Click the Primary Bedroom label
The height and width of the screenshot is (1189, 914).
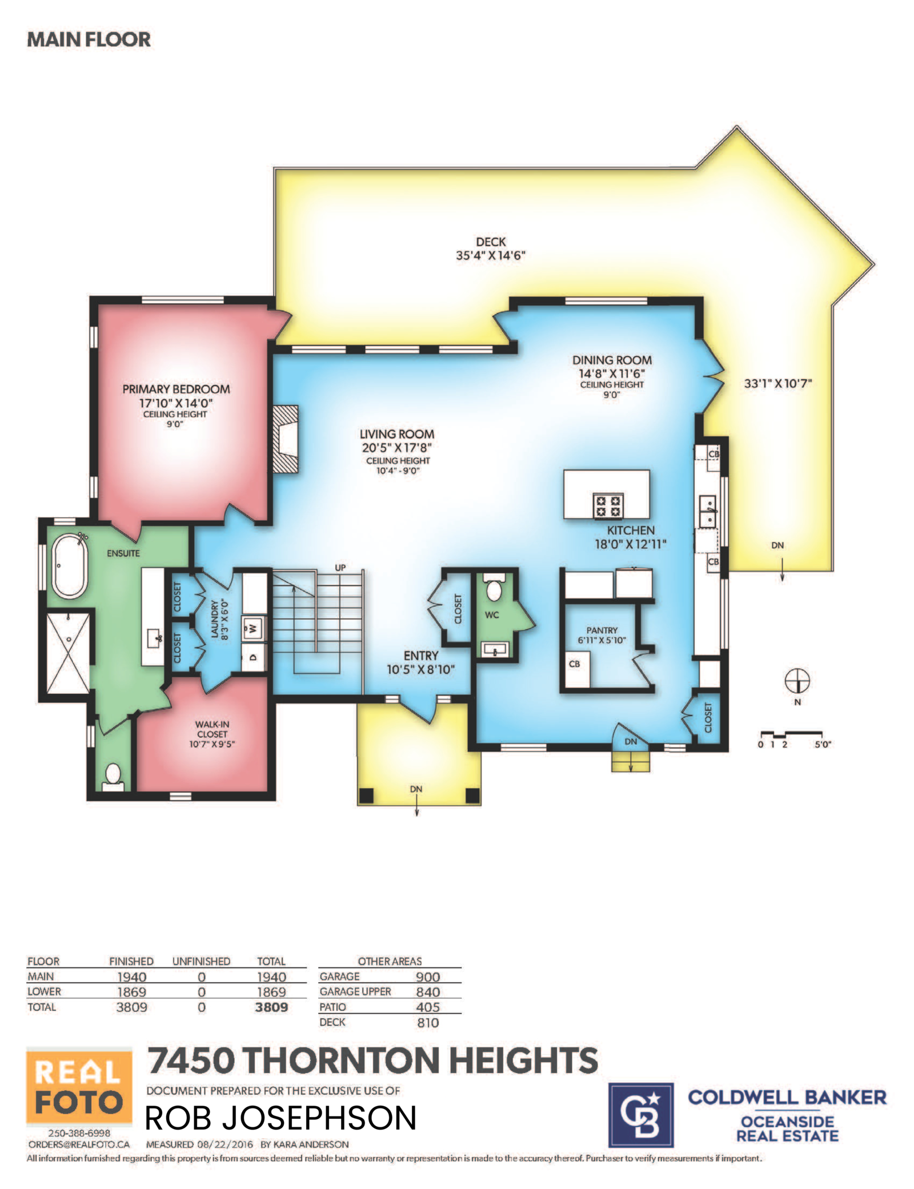click(x=176, y=389)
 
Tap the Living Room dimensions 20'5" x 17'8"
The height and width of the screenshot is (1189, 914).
click(x=396, y=448)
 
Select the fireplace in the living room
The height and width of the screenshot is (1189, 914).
click(x=285, y=439)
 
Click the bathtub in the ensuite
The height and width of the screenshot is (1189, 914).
click(x=70, y=565)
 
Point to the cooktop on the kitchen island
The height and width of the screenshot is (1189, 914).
click(x=607, y=505)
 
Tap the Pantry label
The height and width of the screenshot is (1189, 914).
click(x=602, y=630)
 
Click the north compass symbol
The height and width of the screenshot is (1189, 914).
click(x=797, y=681)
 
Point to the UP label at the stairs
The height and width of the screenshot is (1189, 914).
click(x=340, y=568)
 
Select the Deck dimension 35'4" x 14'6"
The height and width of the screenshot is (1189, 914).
click(x=491, y=256)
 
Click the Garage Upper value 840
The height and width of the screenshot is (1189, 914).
click(x=428, y=992)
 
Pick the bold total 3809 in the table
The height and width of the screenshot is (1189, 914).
click(x=271, y=1007)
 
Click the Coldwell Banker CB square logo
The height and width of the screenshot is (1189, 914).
click(x=640, y=1115)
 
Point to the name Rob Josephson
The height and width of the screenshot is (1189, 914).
click(x=280, y=1118)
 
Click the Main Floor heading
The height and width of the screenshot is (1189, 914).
click(x=89, y=39)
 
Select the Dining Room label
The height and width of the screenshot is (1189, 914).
click(x=612, y=360)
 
